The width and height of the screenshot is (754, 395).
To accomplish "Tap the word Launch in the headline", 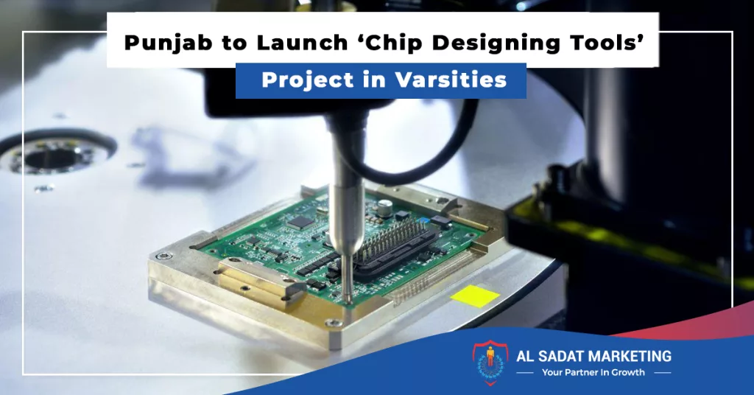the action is [x=301, y=42].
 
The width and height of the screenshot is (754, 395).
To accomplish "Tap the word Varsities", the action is [x=451, y=80].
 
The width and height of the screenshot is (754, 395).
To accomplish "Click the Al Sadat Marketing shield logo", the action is [x=490, y=363].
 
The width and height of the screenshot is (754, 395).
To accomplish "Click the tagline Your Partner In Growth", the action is [x=593, y=372].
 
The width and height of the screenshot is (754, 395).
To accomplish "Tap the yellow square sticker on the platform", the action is [x=475, y=296].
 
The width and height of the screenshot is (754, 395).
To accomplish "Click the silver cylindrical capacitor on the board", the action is [x=383, y=207].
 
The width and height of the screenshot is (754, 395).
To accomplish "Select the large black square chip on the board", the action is [x=300, y=222].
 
